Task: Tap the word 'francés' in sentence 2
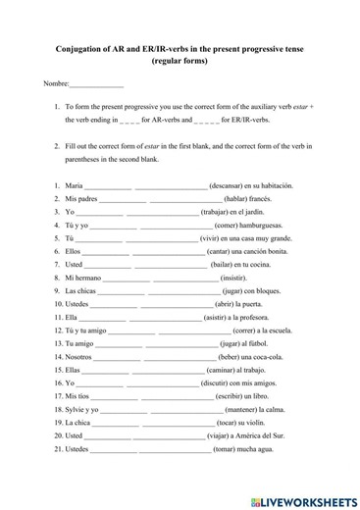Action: (x=258, y=198)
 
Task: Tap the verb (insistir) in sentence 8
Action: (x=225, y=278)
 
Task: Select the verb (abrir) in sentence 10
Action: (x=221, y=304)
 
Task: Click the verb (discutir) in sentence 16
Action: (x=220, y=383)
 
